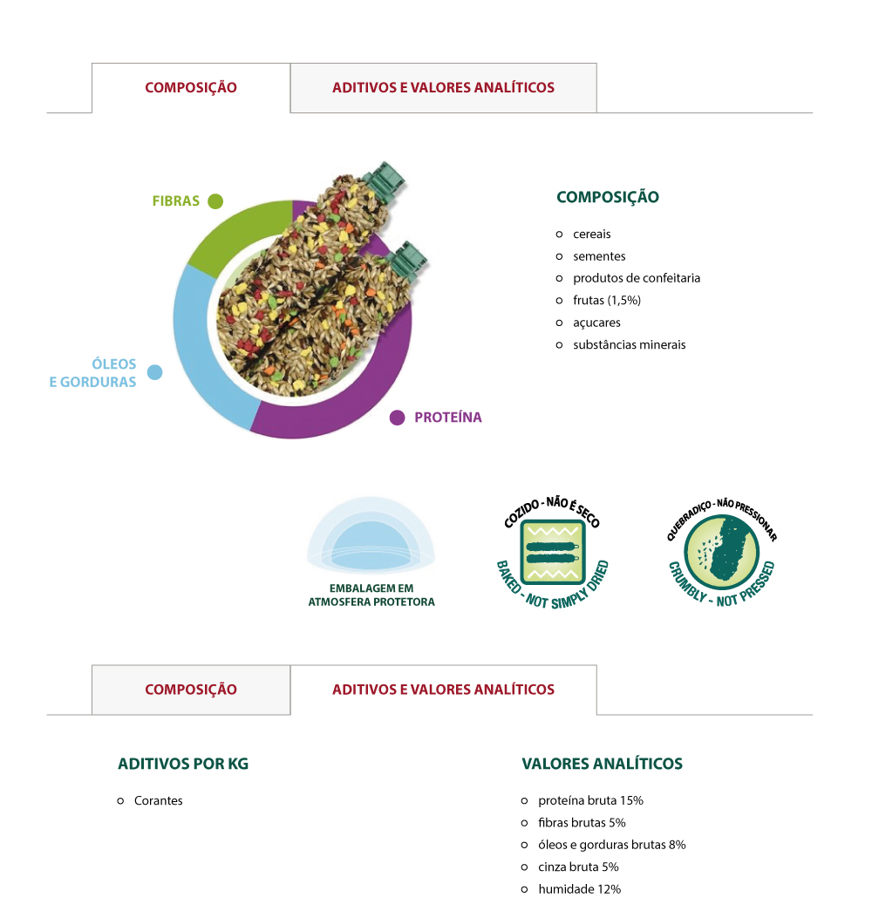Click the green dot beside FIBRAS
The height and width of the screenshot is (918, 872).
click(x=215, y=201)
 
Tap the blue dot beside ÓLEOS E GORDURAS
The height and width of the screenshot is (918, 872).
click(x=154, y=372)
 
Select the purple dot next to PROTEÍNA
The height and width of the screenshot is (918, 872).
click(x=397, y=418)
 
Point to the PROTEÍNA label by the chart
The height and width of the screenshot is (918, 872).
click(x=448, y=418)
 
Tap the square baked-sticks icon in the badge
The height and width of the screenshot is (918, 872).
click(x=552, y=553)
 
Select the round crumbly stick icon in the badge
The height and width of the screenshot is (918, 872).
click(x=721, y=552)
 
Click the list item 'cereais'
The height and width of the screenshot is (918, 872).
click(x=591, y=235)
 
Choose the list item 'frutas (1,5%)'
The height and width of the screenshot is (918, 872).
click(x=607, y=301)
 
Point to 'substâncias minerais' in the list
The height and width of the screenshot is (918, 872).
click(x=629, y=345)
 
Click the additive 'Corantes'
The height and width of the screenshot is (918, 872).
click(x=158, y=800)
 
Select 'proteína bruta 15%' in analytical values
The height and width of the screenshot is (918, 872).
click(x=590, y=800)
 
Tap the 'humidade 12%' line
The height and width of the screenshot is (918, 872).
click(x=579, y=888)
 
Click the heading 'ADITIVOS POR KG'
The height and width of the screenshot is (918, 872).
click(x=183, y=764)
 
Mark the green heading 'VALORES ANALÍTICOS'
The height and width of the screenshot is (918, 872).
click(x=602, y=764)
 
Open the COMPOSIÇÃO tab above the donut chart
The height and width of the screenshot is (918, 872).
click(x=191, y=88)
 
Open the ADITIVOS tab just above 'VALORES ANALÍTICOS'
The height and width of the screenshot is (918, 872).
click(x=443, y=690)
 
